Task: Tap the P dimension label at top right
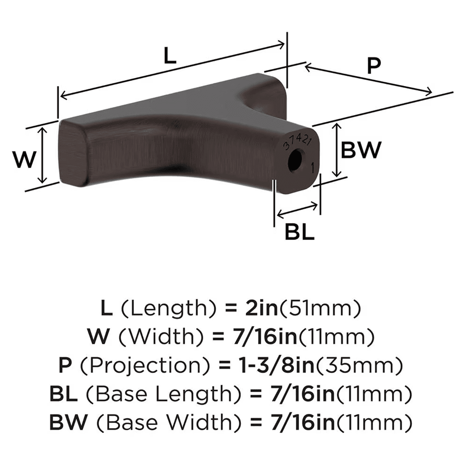(x=373, y=66)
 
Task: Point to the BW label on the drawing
(x=361, y=150)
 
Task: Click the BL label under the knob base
(x=299, y=231)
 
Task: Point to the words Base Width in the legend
(x=153, y=423)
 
